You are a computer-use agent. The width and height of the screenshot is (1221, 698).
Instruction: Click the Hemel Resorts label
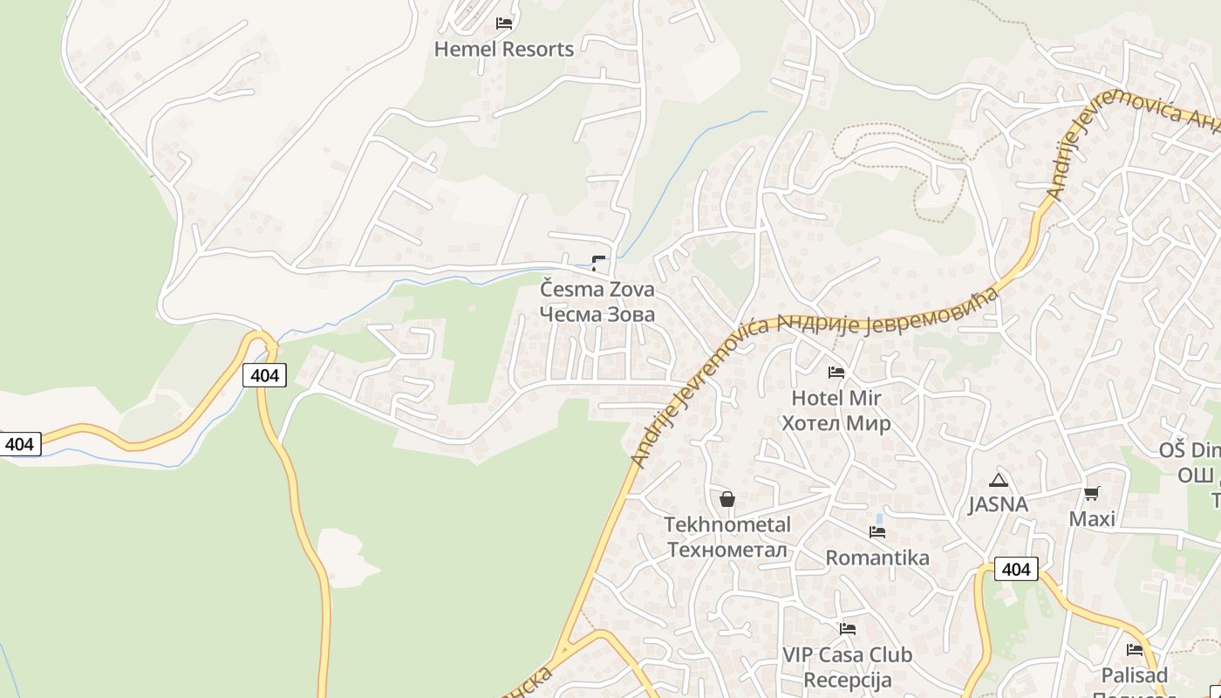[x=504, y=50]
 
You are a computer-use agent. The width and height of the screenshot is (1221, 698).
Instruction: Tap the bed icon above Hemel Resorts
[x=504, y=24]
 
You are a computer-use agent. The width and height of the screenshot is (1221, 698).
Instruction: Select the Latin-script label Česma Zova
[x=597, y=289]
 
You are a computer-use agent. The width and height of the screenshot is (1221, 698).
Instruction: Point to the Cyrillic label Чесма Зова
[x=597, y=314]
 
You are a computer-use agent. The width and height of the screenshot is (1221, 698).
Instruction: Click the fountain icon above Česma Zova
[x=599, y=263]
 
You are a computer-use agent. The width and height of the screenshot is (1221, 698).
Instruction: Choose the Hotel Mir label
[x=836, y=399]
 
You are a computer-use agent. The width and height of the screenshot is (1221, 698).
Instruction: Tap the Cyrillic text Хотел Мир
[x=836, y=424]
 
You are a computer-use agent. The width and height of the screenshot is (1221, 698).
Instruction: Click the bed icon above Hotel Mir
[x=836, y=373]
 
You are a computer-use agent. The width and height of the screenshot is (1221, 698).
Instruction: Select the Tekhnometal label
[x=727, y=525]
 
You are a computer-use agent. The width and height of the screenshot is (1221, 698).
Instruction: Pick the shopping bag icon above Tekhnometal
[x=727, y=499]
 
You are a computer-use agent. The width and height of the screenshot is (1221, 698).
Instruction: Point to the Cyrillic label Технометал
[x=727, y=551]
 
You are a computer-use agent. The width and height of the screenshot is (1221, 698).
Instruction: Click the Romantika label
[x=877, y=558]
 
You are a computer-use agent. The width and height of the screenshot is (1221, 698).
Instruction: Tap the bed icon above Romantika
[x=877, y=531]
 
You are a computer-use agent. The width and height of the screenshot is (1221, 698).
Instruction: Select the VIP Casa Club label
[x=847, y=655]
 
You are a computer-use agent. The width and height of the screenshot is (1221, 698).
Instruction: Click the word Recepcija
[x=847, y=681]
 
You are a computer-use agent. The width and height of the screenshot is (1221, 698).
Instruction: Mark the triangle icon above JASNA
[x=999, y=480]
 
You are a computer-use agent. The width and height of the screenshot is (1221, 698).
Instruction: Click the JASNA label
[x=999, y=504]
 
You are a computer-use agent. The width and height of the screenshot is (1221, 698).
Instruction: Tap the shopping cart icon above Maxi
[x=1092, y=494]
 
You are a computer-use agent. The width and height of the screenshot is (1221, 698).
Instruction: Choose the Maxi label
[x=1092, y=519]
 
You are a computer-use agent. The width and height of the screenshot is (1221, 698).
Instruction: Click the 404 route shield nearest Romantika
[x=1016, y=570]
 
